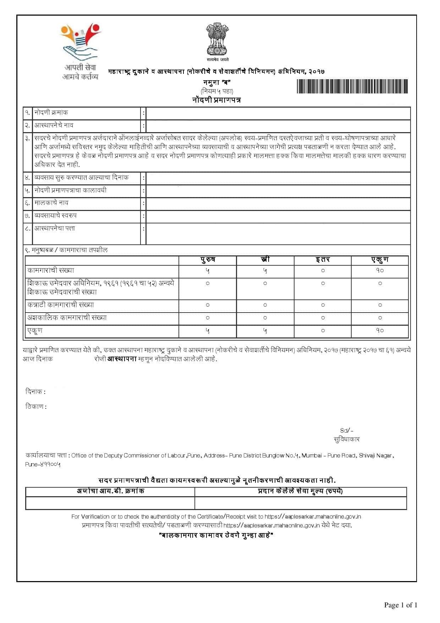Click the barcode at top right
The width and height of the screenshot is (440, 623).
352,86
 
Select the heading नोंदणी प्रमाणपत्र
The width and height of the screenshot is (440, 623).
216,100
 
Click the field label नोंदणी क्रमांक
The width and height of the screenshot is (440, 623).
51,113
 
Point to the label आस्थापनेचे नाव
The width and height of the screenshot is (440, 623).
54,125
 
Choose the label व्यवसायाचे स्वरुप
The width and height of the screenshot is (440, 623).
55,216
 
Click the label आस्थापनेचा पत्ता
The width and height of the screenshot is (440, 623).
55,228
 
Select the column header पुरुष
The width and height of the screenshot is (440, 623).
208,260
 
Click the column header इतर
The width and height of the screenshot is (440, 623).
323,260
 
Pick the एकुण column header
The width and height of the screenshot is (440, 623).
380,260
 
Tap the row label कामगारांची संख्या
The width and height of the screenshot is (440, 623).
51,271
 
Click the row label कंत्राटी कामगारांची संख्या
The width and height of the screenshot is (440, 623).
61,305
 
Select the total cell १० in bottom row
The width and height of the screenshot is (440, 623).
380,331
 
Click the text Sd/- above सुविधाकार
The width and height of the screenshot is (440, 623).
347,430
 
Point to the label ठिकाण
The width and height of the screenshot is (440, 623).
36,406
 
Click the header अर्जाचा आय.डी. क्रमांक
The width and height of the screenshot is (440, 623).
110,491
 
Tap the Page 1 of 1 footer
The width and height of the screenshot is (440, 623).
400,605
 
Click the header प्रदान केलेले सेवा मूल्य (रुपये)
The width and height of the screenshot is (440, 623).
300,491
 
